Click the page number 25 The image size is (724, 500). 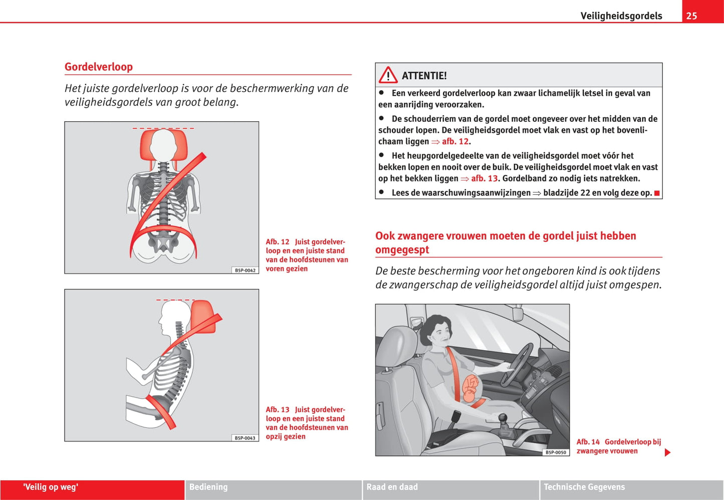[x=691, y=16]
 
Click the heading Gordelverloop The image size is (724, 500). [x=99, y=67]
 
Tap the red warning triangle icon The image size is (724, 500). [x=388, y=76]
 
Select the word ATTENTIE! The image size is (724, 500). [x=424, y=76]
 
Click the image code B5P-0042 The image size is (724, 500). [x=245, y=271]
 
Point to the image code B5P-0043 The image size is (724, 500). [x=245, y=438]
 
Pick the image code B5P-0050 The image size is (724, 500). [x=556, y=452]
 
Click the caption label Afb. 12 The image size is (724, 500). [x=278, y=242]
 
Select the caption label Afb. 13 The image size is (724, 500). [x=278, y=410]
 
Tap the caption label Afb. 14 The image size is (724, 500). [x=588, y=442]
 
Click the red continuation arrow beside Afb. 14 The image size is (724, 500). [x=667, y=452]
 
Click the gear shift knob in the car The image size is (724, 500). [x=503, y=417]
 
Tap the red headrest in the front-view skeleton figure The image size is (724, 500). [x=163, y=145]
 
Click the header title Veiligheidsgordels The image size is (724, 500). [x=621, y=16]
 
